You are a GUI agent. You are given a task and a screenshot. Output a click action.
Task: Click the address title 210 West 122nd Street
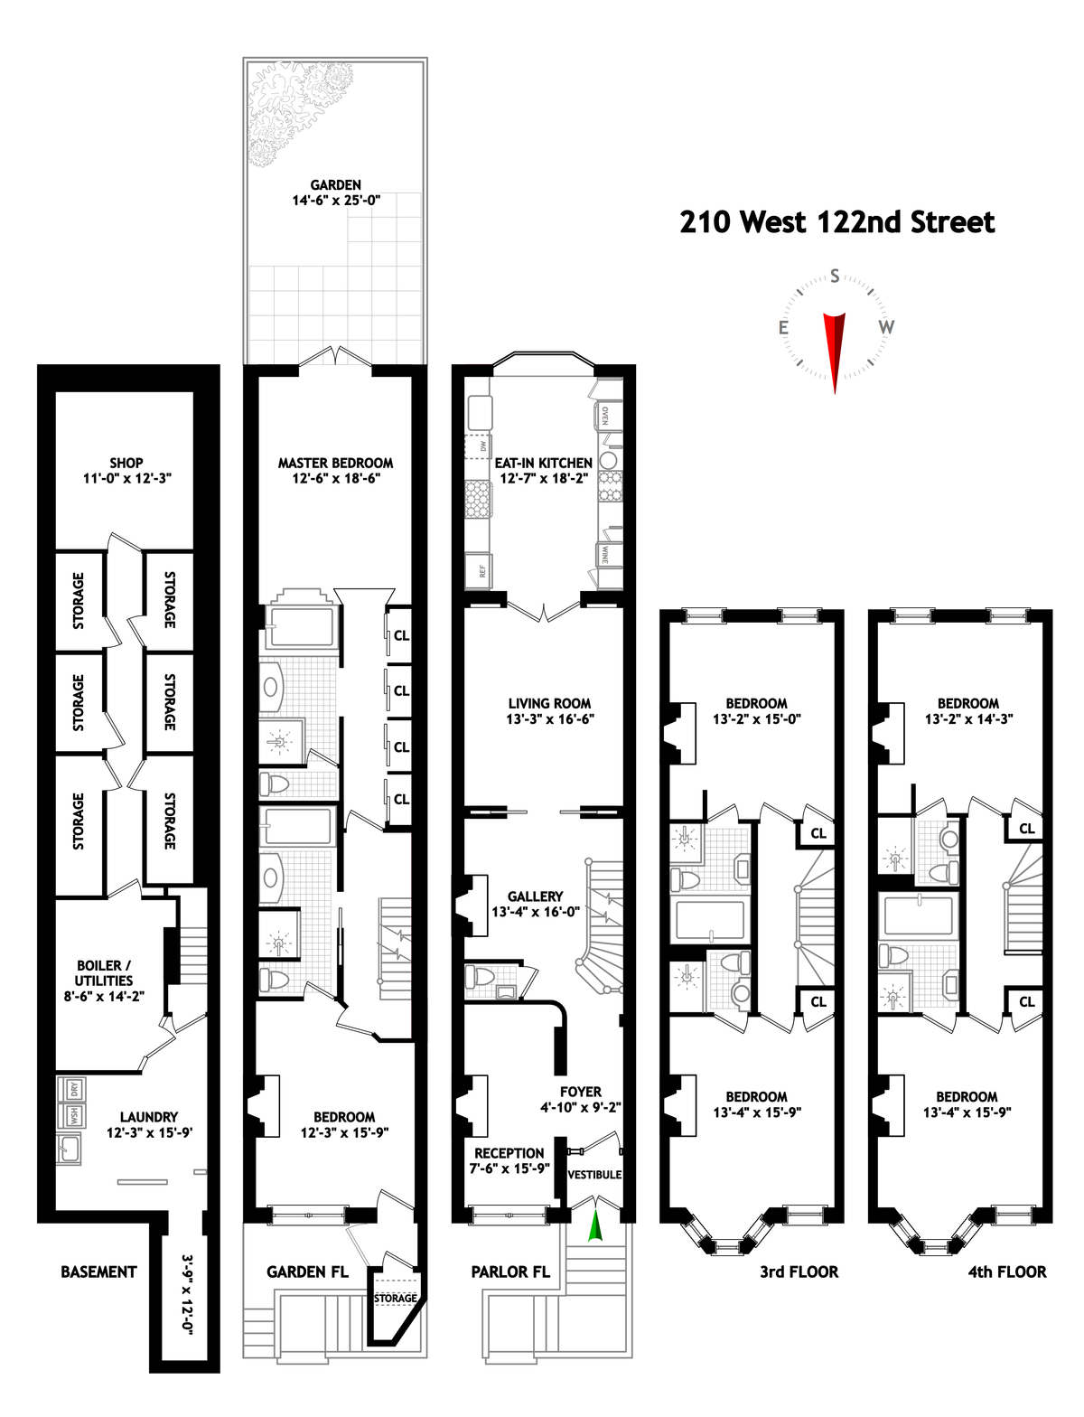pyautogui.click(x=836, y=222)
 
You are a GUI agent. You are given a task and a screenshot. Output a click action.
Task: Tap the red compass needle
pyautogui.click(x=835, y=348)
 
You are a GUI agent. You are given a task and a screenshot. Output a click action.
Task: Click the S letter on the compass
pyautogui.click(x=835, y=276)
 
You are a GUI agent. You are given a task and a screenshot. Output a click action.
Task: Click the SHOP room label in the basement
pyautogui.click(x=126, y=463)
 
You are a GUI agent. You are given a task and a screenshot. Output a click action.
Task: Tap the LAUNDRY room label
pyautogui.click(x=149, y=1117)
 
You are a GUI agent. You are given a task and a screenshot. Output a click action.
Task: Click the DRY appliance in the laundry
pyautogui.click(x=74, y=1089)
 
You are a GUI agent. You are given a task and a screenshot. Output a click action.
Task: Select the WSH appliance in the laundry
pyautogui.click(x=74, y=1116)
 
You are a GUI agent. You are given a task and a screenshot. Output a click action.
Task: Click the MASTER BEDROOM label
pyautogui.click(x=335, y=463)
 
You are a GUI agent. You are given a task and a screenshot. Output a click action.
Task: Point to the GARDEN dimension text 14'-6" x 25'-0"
pyautogui.click(x=336, y=201)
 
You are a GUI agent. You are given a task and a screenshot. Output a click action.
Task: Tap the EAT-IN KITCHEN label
pyautogui.click(x=544, y=463)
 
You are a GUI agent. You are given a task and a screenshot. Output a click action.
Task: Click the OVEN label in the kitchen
pyautogui.click(x=604, y=416)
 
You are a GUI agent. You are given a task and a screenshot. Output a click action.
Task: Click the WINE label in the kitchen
pyautogui.click(x=604, y=554)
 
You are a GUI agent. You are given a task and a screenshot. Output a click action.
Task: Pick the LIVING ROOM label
pyautogui.click(x=549, y=703)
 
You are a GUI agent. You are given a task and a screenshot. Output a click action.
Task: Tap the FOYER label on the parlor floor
pyautogui.click(x=580, y=1092)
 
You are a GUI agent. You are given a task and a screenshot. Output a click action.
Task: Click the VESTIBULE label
pyautogui.click(x=594, y=1175)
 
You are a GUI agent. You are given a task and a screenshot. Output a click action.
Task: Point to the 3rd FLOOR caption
pyautogui.click(x=799, y=1272)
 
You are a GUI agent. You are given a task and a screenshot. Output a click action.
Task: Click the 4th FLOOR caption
pyautogui.click(x=1007, y=1272)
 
